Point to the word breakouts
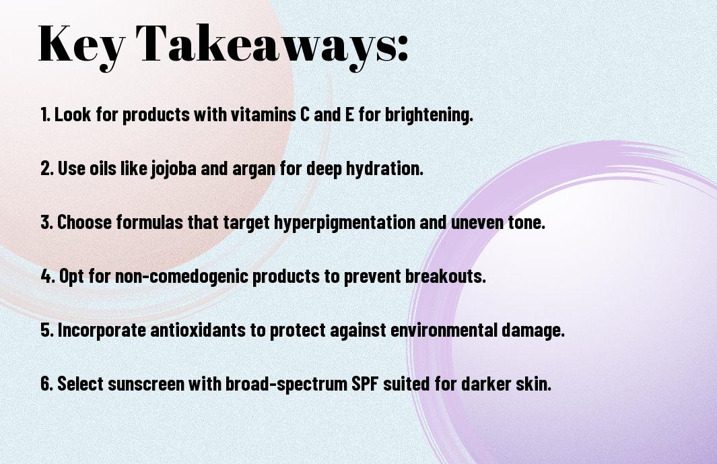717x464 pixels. click(x=446, y=276)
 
